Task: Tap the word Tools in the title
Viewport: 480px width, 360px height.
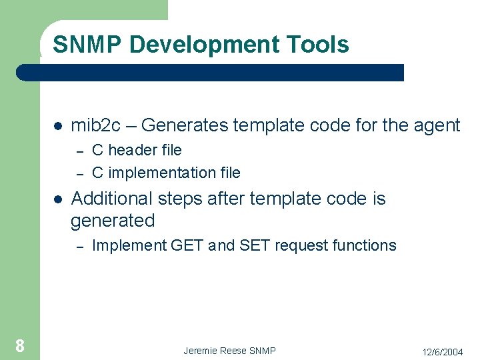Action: pyautogui.click(x=319, y=45)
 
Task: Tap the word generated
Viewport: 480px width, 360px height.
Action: pyautogui.click(x=113, y=221)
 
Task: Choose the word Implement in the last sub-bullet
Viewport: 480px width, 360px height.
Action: pyautogui.click(x=129, y=245)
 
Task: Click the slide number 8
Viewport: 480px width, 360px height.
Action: pyautogui.click(x=20, y=345)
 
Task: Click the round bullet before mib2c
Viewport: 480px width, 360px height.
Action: pyautogui.click(x=58, y=126)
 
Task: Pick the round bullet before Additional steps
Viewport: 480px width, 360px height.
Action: pyautogui.click(x=58, y=199)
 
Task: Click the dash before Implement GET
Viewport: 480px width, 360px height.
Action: pyautogui.click(x=79, y=246)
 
